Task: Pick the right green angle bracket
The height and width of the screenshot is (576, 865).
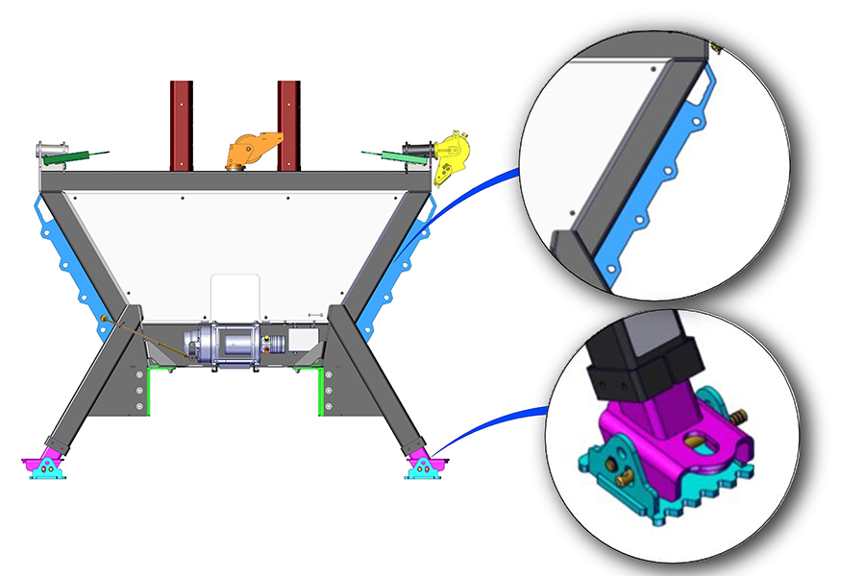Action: coord(319,389)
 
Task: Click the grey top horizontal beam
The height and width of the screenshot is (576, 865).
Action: coord(231,180)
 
